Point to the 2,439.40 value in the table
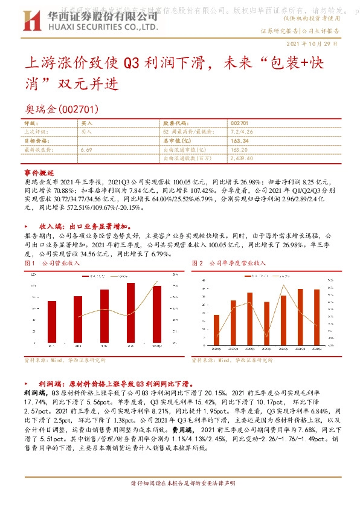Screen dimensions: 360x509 click(242, 158)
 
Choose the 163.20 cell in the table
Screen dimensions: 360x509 click(240, 149)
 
